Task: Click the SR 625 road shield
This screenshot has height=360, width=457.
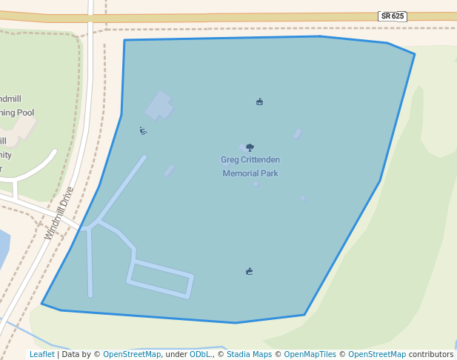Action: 392,16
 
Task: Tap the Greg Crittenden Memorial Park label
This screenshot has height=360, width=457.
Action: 250,167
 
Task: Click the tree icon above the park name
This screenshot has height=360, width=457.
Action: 250,147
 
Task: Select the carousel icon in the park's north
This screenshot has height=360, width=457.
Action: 259,101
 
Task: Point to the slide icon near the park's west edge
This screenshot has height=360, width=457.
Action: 143,131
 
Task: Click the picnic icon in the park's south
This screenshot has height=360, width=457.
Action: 250,271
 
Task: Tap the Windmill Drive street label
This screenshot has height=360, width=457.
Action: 59,213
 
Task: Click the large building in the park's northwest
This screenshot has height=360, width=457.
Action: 159,106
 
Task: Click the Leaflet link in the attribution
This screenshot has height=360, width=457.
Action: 41,354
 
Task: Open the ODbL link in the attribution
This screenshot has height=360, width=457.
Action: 200,354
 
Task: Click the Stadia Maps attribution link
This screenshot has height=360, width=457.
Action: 249,354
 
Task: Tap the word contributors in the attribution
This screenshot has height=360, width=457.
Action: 430,354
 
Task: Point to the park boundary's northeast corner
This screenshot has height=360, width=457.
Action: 414,53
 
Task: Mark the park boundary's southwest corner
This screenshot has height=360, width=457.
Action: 42,303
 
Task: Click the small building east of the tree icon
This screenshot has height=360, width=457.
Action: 298,134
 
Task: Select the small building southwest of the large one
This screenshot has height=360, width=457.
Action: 170,170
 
